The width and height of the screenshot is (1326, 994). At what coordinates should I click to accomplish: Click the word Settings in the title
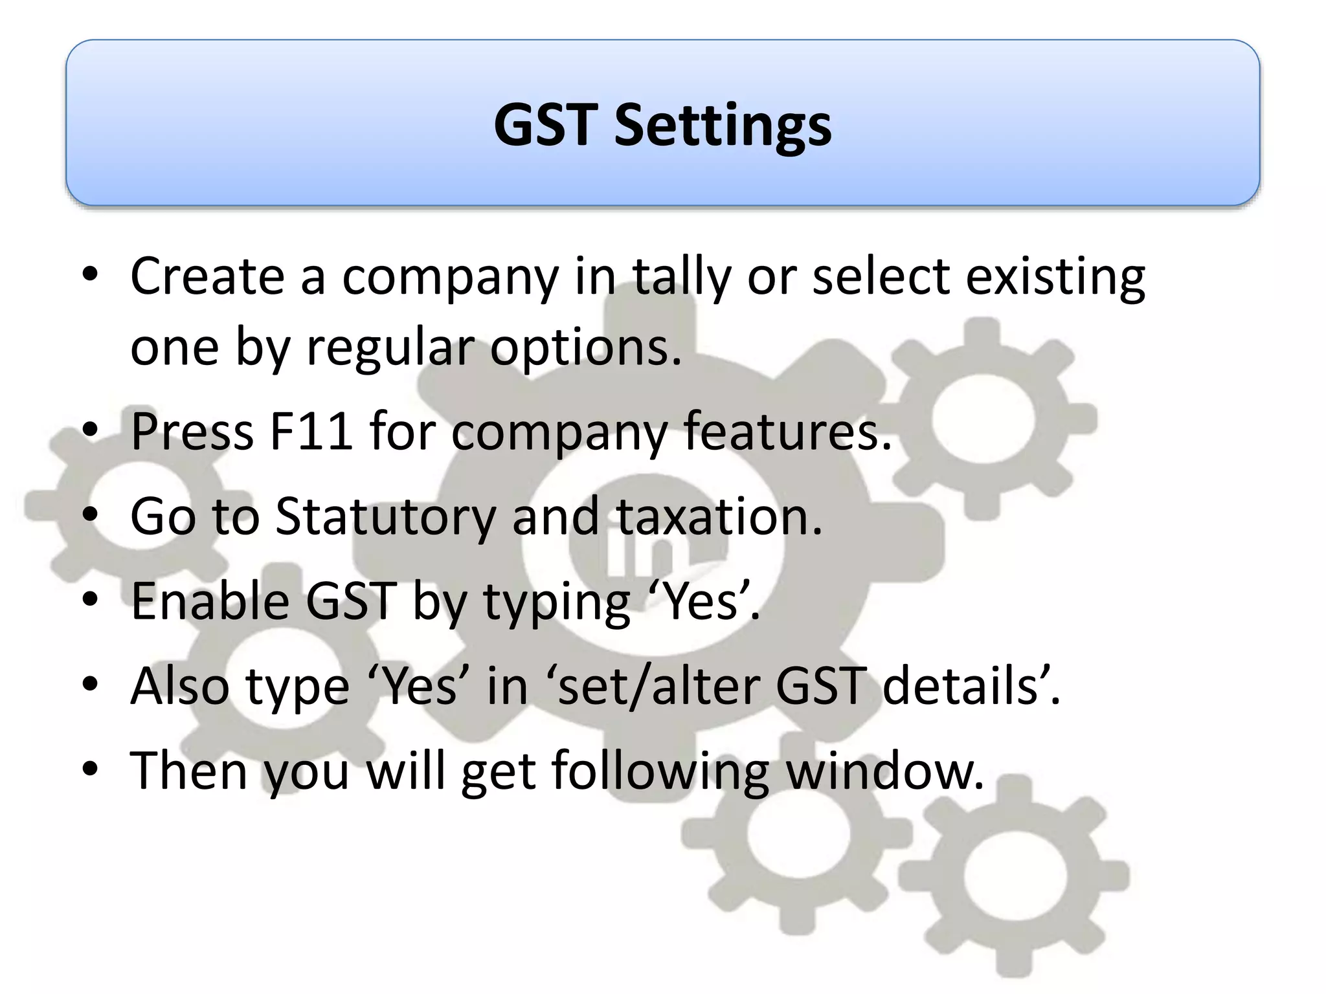723,126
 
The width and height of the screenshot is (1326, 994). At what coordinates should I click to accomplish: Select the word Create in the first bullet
207,276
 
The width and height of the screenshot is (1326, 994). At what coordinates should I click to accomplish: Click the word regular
392,348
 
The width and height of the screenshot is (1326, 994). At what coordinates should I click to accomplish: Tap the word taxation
719,516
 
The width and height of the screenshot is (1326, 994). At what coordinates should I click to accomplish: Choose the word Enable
210,601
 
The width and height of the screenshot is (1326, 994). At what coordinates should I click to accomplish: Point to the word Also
180,686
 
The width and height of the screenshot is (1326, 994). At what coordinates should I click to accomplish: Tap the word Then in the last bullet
189,770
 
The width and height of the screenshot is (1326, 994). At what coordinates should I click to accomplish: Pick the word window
884,770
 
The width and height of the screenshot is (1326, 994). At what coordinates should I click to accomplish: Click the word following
660,771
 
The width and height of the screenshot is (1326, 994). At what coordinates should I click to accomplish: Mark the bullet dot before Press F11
90,431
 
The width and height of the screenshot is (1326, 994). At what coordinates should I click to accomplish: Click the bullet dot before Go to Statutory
90,516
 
